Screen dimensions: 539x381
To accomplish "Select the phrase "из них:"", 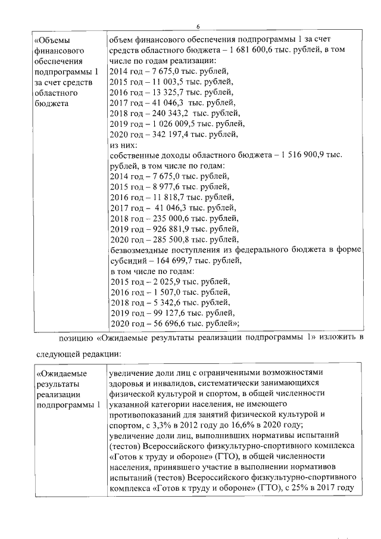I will pyautogui.click(x=124, y=146).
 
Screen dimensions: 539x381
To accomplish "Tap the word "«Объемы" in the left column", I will pyautogui.click(x=52, y=39).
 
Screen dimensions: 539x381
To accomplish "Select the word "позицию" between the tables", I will pyautogui.click(x=75, y=339).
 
